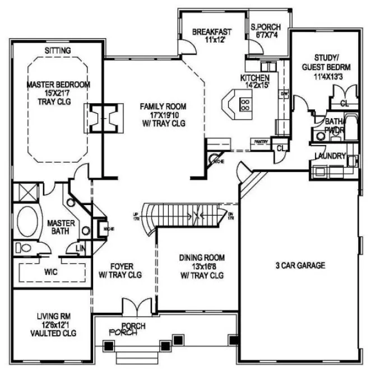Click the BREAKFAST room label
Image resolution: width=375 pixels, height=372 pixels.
pyautogui.click(x=211, y=32)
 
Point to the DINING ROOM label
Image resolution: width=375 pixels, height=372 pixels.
pyautogui.click(x=202, y=257)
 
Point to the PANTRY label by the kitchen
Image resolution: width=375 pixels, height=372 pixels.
pyautogui.click(x=260, y=142)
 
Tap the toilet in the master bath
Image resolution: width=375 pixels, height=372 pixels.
pyautogui.click(x=24, y=248)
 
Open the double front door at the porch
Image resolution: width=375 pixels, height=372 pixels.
pyautogui.click(x=136, y=307)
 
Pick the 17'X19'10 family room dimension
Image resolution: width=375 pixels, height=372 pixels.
pyautogui.click(x=163, y=115)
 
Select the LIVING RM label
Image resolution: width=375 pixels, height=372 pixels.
pyautogui.click(x=54, y=315)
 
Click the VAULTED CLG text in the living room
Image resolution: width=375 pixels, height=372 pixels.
pyautogui.click(x=54, y=333)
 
